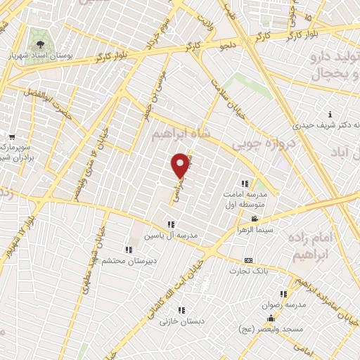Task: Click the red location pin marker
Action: click(x=181, y=165)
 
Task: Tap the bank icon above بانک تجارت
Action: click(x=247, y=261)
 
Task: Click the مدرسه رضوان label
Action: click(x=283, y=304)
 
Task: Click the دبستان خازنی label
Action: click(x=180, y=321)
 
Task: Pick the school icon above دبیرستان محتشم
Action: click(x=127, y=250)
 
